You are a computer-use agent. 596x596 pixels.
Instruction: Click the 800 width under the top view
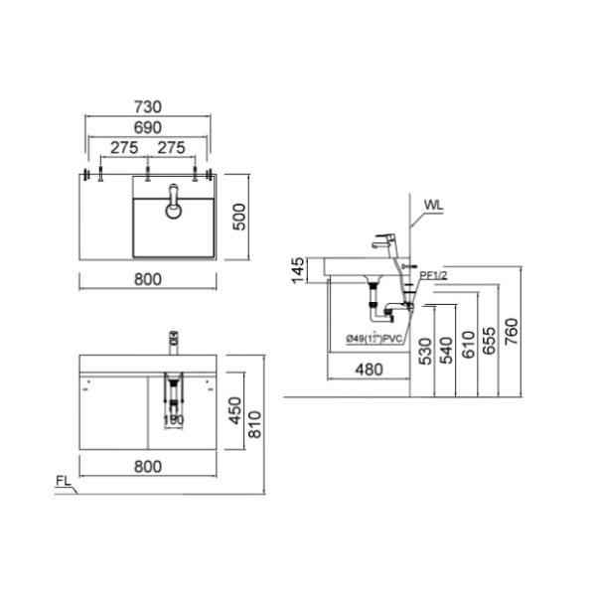tap(147, 279)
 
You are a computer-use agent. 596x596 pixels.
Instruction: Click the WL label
tap(434, 206)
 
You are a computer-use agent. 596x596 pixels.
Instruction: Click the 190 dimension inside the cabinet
tap(174, 419)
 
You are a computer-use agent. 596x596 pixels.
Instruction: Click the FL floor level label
tap(63, 483)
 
